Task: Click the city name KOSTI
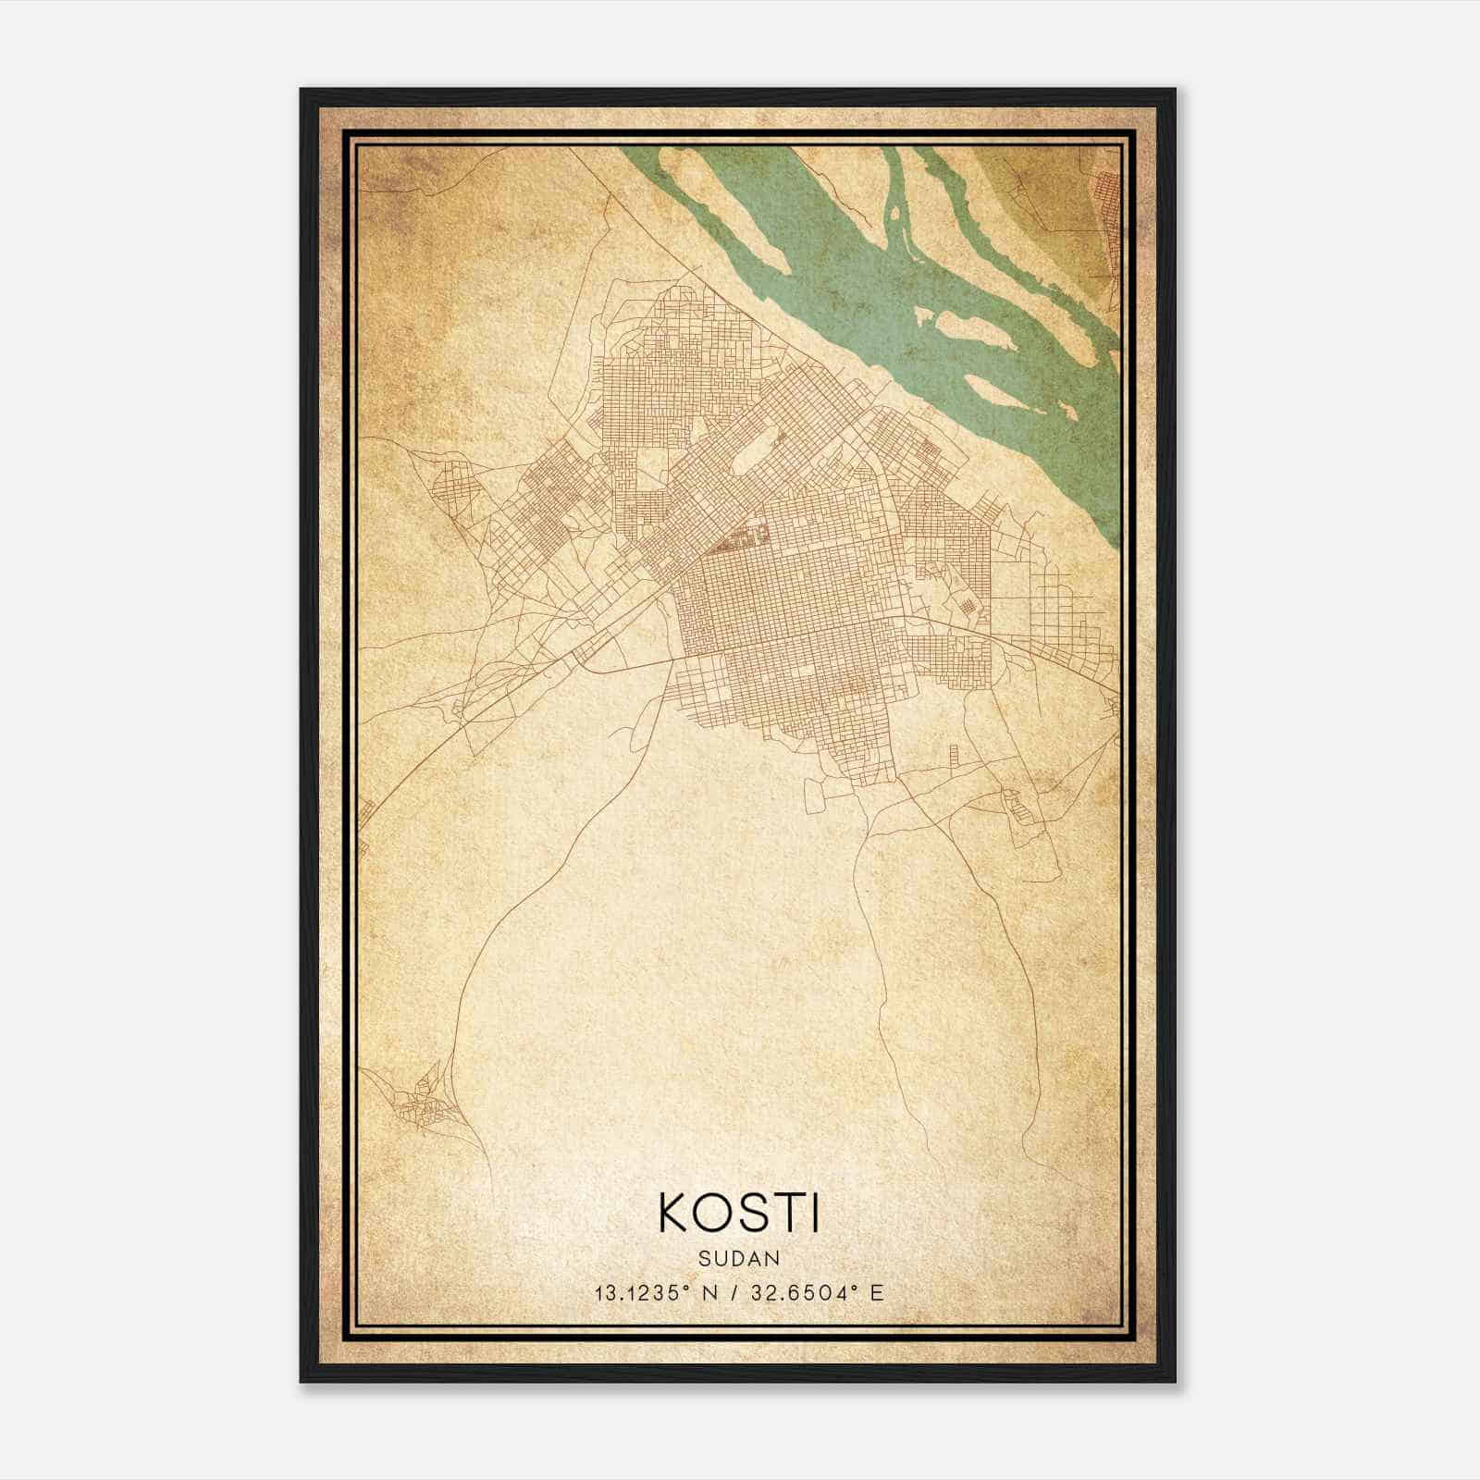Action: pyautogui.click(x=739, y=1213)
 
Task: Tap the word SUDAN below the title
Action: pyautogui.click(x=739, y=1258)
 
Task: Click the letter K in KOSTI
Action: pyautogui.click(x=674, y=1213)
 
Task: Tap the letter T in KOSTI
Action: pyautogui.click(x=788, y=1213)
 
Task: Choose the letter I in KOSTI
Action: pyautogui.click(x=815, y=1213)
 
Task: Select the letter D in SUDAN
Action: pyautogui.click(x=739, y=1258)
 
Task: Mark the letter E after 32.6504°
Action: pyautogui.click(x=878, y=1292)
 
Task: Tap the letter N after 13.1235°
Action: pyautogui.click(x=710, y=1292)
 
